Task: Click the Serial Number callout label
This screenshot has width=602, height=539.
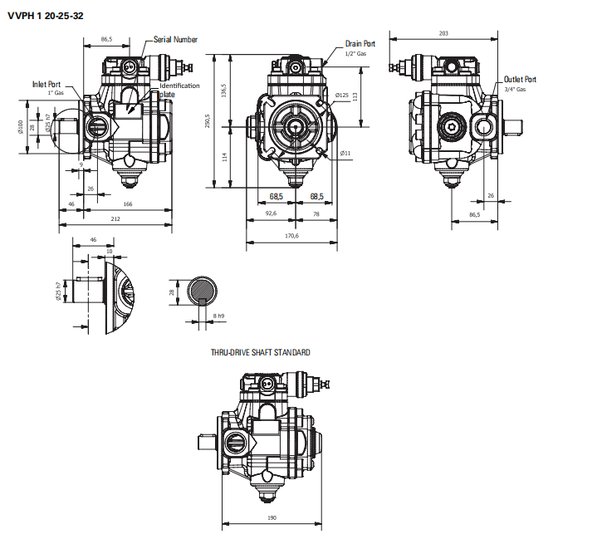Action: pyautogui.click(x=175, y=39)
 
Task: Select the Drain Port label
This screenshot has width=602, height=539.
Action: pyautogui.click(x=360, y=43)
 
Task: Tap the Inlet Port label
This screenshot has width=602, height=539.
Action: pyautogui.click(x=47, y=84)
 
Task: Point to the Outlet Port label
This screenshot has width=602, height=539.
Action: pyautogui.click(x=520, y=80)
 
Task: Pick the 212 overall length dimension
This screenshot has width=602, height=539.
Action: pyautogui.click(x=115, y=218)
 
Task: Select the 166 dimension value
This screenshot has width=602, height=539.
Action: pyautogui.click(x=127, y=203)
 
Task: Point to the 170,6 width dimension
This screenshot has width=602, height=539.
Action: pyautogui.click(x=291, y=236)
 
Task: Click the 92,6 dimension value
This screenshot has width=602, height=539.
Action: pyautogui.click(x=271, y=213)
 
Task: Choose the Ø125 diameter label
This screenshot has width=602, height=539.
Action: pyautogui.click(x=341, y=96)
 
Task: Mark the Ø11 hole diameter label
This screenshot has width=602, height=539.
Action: pyautogui.click(x=345, y=153)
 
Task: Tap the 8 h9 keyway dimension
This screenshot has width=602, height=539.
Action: pyautogui.click(x=219, y=316)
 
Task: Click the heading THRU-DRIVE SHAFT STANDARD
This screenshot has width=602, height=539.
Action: pyautogui.click(x=262, y=352)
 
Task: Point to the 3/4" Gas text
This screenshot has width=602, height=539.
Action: pyautogui.click(x=515, y=89)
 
